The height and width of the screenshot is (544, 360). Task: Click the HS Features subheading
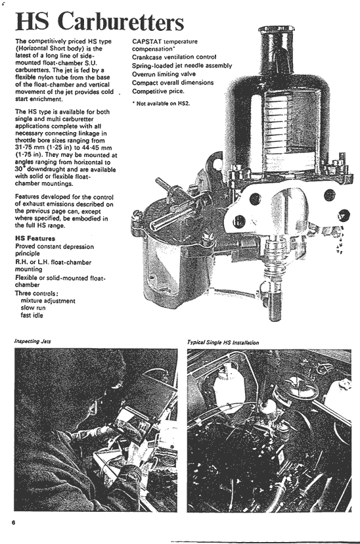[x=35, y=238]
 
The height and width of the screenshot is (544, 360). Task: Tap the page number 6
[x=14, y=522]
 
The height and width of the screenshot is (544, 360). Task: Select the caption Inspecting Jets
[x=33, y=342]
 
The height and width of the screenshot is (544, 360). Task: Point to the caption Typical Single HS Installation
[x=223, y=342]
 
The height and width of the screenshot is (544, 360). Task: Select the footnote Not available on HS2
[x=161, y=103]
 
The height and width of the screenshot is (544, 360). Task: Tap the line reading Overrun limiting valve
[x=164, y=74]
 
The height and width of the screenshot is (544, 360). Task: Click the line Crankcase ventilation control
[x=174, y=57]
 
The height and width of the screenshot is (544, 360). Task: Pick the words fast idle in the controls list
[x=32, y=315]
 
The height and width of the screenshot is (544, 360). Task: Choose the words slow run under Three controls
[x=33, y=307]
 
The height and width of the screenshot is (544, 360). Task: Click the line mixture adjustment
[x=48, y=301]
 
